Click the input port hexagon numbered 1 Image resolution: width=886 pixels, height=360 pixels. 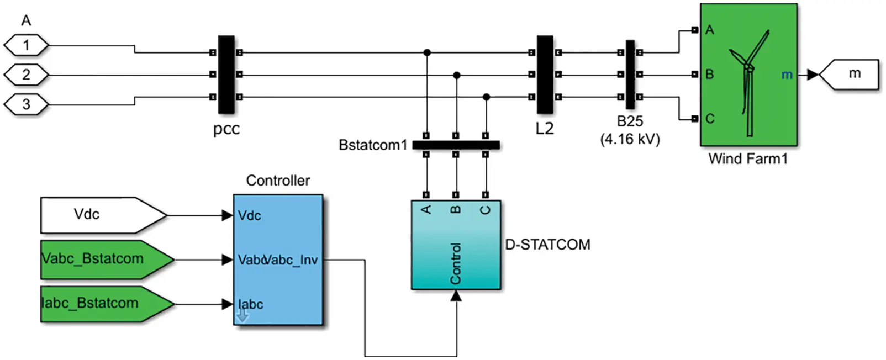click(26, 45)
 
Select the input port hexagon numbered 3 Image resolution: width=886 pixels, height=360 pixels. click(26, 104)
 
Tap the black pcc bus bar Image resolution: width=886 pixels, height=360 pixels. click(226, 75)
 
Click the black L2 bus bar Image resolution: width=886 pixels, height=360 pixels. click(545, 75)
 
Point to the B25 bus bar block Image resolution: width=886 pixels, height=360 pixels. click(630, 75)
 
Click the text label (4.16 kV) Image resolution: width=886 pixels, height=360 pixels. click(630, 139)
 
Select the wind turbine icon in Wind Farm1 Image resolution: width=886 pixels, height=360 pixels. click(748, 83)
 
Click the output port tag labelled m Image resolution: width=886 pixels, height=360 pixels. click(851, 74)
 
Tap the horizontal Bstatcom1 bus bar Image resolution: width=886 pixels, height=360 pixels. click(456, 145)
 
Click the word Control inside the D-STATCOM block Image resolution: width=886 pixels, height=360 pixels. click(456, 264)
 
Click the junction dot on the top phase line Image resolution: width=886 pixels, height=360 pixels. click(427, 53)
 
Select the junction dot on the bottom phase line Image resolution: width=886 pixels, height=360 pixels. click(486, 97)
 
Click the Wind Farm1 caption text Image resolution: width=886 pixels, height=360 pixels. click(748, 159)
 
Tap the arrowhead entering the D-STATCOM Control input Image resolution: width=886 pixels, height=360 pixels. click(456, 297)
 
